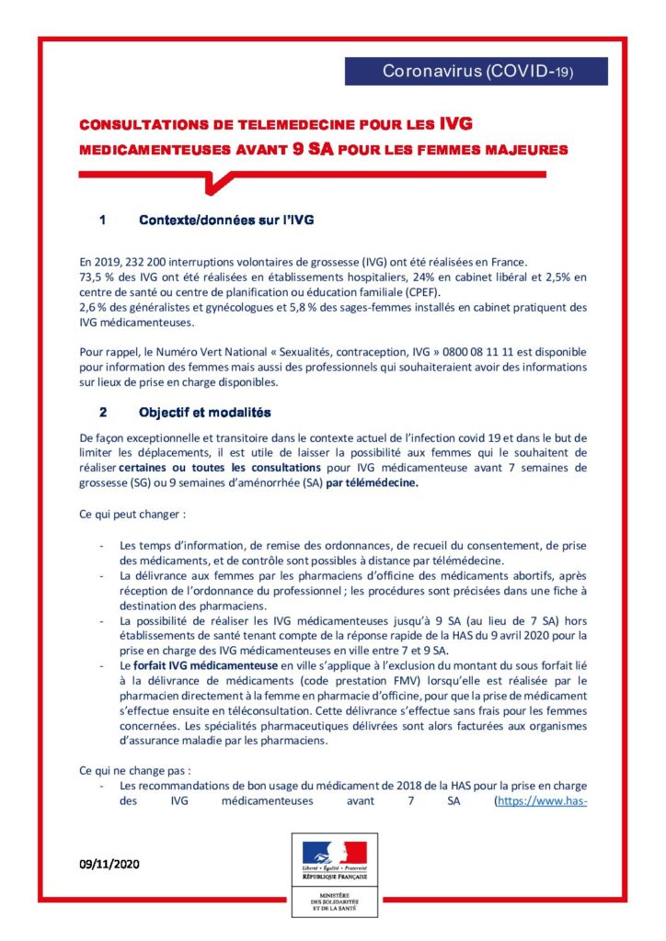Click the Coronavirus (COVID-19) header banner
(477, 72)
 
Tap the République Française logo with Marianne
(334, 856)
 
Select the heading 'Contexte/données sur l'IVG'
(226, 220)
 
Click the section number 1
(103, 220)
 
